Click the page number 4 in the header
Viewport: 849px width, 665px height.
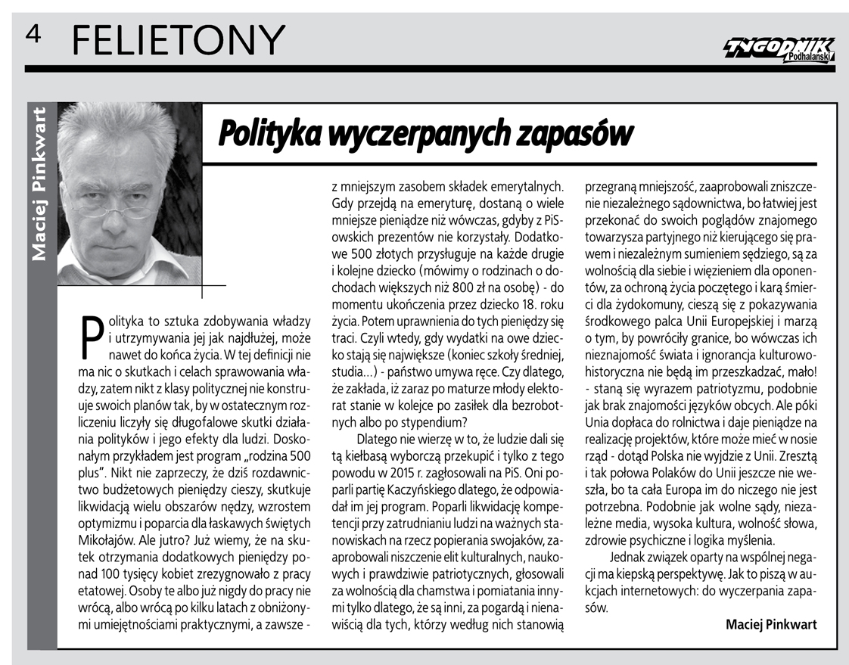click(x=33, y=33)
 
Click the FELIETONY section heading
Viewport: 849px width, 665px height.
click(x=179, y=38)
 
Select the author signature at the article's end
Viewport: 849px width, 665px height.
click(x=771, y=625)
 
